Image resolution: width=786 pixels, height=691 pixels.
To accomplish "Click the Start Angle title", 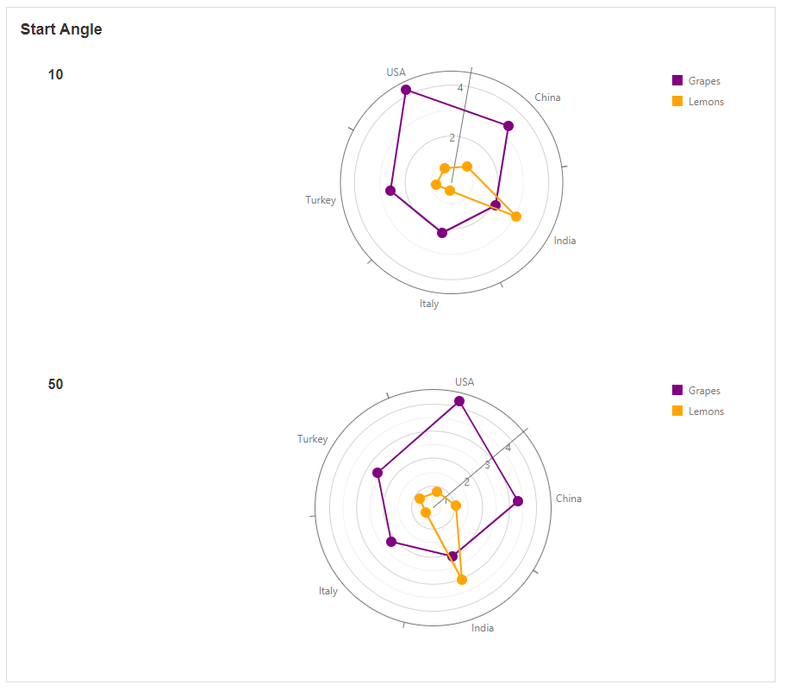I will tap(61, 29).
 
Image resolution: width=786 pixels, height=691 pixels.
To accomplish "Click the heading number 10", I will tap(55, 75).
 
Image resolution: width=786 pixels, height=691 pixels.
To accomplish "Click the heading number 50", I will tap(55, 385).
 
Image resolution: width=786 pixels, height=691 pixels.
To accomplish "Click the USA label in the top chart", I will tap(396, 72).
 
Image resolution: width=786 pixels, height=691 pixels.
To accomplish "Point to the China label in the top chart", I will tap(547, 97).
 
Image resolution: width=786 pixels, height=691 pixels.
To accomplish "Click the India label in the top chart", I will tap(565, 241).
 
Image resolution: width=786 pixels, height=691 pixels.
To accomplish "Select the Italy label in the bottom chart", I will tap(327, 591).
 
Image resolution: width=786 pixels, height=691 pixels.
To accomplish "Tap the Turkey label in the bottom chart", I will tap(312, 439).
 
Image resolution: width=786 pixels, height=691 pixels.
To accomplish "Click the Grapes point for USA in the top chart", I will tap(406, 90).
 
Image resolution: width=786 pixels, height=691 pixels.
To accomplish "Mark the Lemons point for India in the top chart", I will tap(516, 217).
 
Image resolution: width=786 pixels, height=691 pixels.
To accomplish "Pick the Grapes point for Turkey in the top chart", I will tap(390, 191).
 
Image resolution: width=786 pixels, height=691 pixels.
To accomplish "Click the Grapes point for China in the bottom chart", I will tap(518, 501).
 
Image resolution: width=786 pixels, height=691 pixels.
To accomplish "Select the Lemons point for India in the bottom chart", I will tap(462, 580).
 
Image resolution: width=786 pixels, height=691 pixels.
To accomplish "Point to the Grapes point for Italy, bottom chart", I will tap(391, 542).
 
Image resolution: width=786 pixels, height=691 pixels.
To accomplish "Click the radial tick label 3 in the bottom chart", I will tap(487, 465).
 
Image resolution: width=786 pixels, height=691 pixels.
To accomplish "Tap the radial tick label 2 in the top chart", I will tap(452, 137).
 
